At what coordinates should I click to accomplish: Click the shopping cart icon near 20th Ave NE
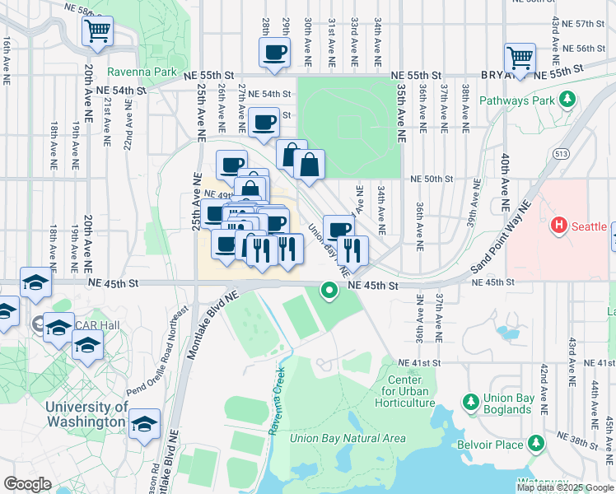97,31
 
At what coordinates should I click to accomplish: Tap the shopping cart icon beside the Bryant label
520,58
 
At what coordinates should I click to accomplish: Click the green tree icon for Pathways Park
567,100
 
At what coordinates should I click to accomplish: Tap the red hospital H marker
559,225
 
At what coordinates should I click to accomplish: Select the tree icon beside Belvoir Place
536,444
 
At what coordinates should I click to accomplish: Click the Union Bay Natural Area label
348,438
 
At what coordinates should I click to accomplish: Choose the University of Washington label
86,414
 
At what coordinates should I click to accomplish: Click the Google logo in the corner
27,483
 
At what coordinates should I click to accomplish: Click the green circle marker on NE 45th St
329,290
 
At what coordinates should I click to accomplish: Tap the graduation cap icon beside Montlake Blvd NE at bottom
145,423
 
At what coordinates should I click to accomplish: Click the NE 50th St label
432,179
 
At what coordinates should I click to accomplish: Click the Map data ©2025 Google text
564,487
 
